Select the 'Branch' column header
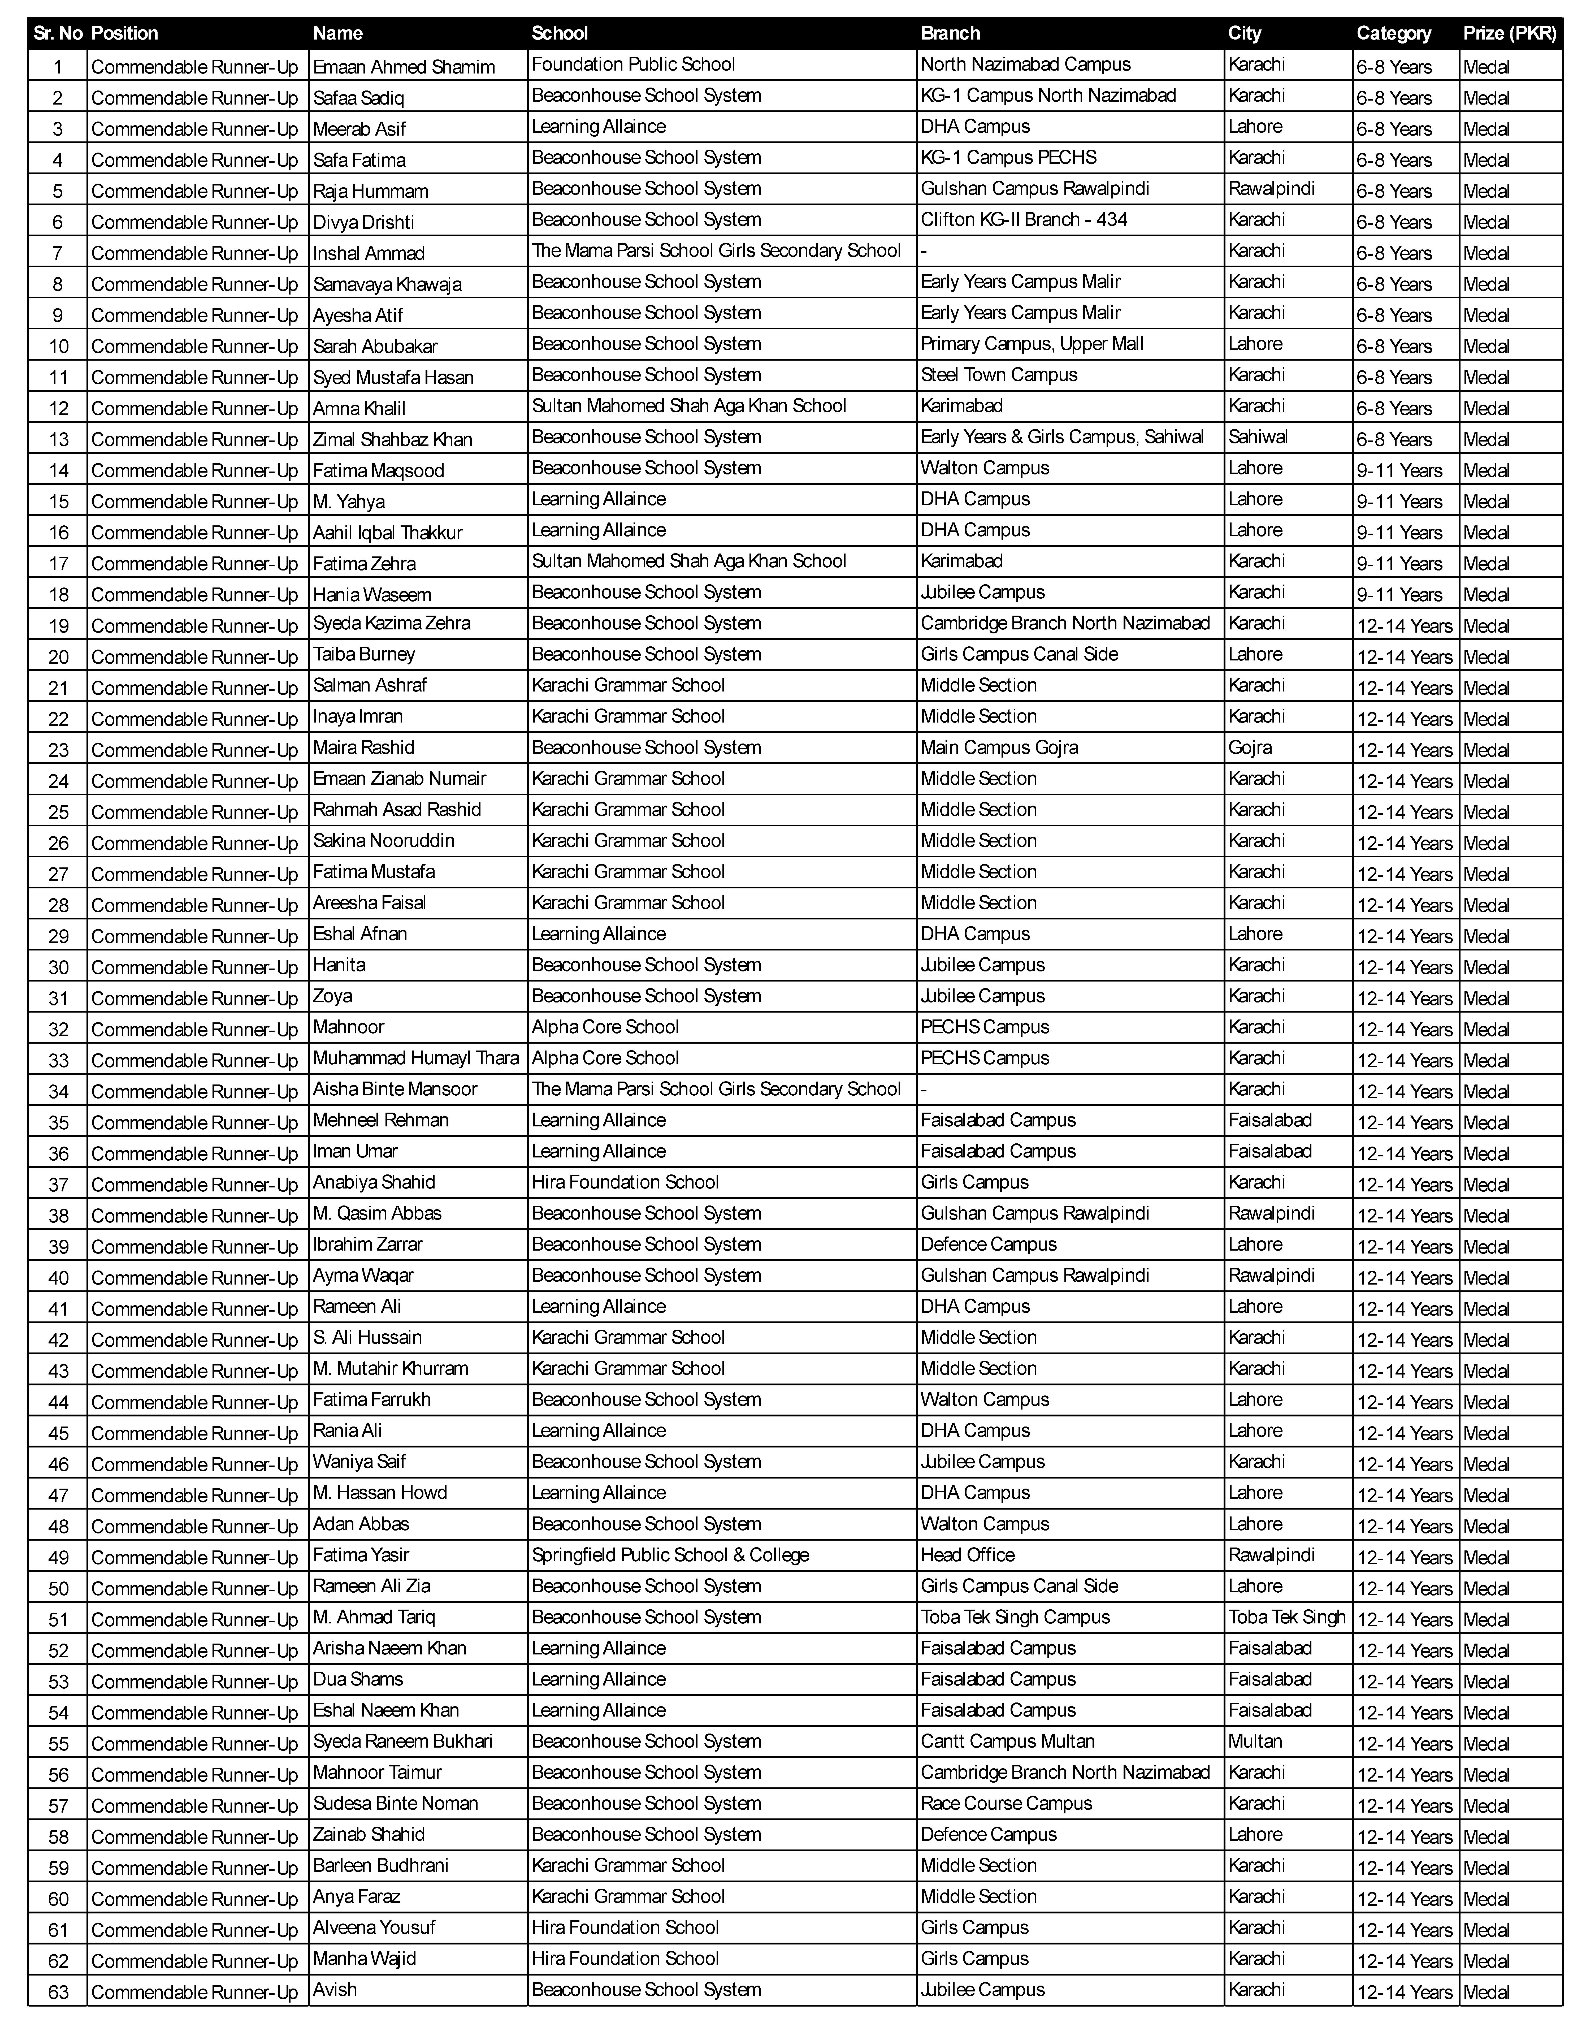click(950, 33)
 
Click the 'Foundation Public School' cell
click(633, 64)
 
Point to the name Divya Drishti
click(363, 222)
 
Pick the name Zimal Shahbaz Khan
click(393, 439)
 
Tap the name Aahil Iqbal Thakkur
click(387, 532)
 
